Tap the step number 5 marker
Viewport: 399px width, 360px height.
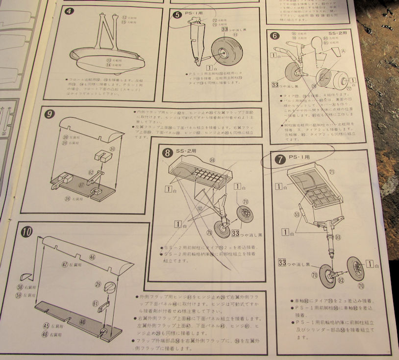[177, 15]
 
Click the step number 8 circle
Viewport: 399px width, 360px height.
[168, 153]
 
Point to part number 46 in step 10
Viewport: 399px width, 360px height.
[92, 257]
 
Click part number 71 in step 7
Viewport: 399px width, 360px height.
[331, 172]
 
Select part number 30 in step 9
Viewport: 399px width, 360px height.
[112, 149]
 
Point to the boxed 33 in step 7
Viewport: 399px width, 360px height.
[282, 262]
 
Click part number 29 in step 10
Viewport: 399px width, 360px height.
[98, 284]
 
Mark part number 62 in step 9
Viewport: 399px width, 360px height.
[91, 172]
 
